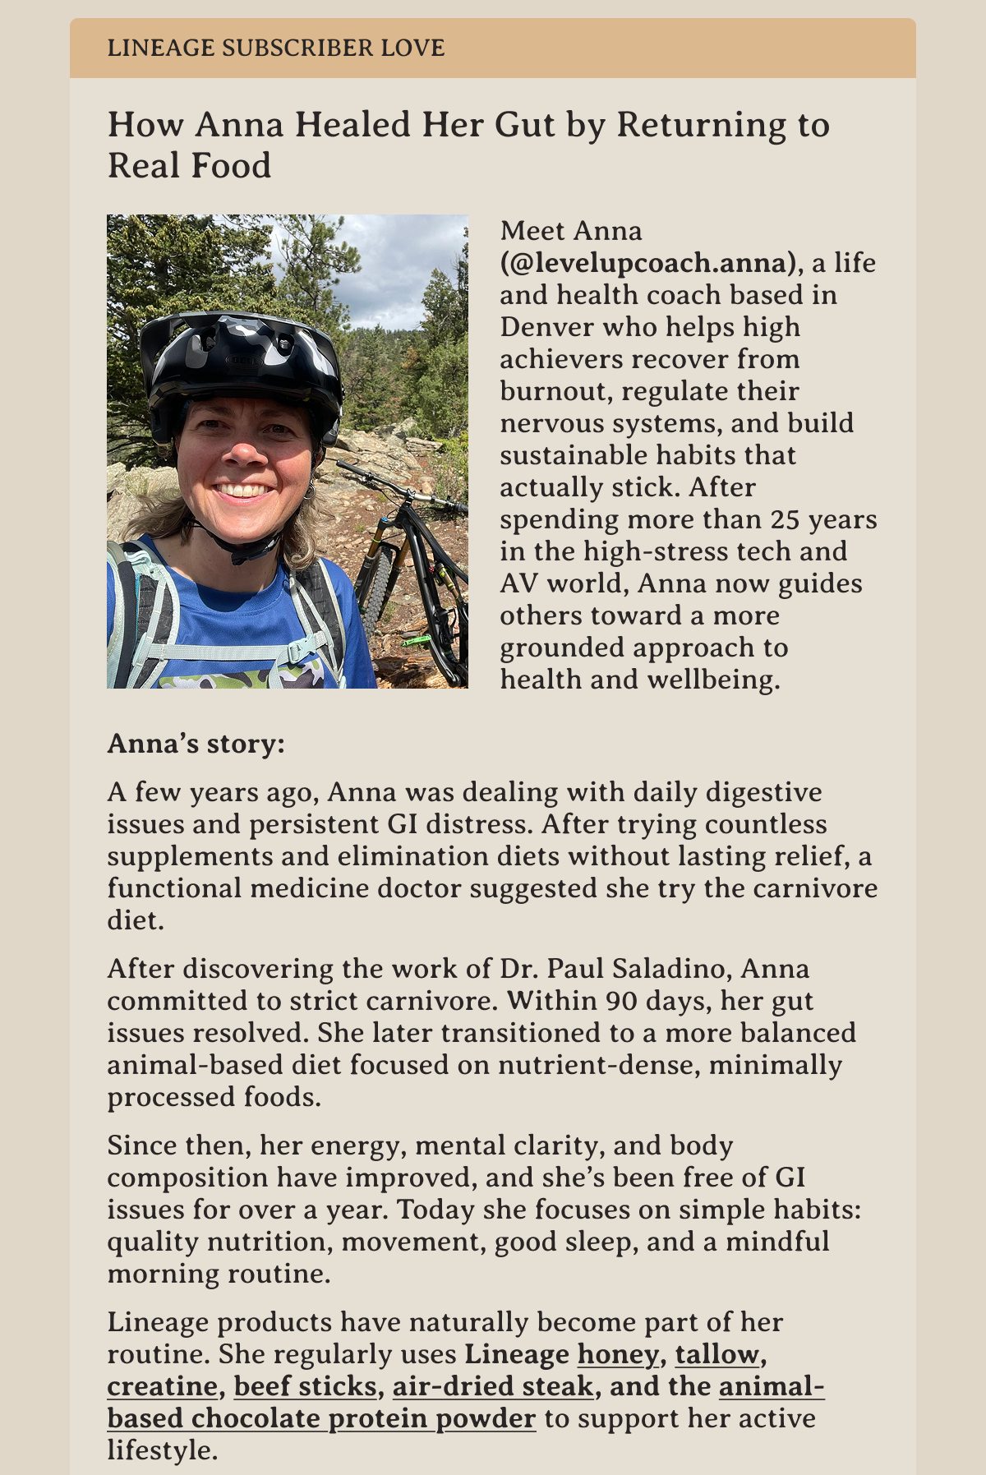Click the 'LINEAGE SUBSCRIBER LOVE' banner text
click(x=276, y=48)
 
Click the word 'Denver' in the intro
click(x=546, y=327)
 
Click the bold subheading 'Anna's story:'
click(x=196, y=744)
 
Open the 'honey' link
click(x=618, y=1354)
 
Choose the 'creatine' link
click(x=162, y=1386)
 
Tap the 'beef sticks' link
click(x=305, y=1386)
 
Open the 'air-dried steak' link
click(x=493, y=1386)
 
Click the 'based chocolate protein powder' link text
click(x=321, y=1418)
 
